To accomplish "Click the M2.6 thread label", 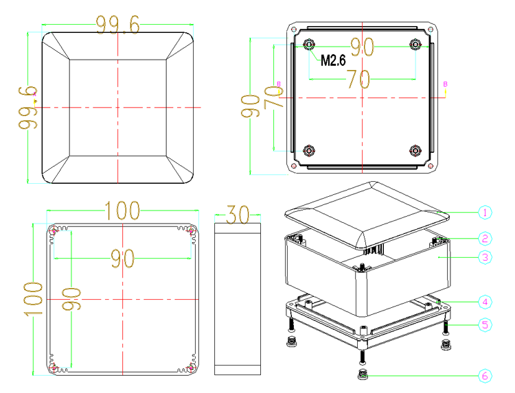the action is [333, 60].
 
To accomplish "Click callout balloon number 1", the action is [485, 213].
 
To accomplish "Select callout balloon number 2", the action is [485, 239].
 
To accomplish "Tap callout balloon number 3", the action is [485, 257].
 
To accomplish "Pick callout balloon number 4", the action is [485, 302].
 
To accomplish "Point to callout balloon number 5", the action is [485, 325].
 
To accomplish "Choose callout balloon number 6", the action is [485, 376].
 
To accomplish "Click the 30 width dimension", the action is [238, 215].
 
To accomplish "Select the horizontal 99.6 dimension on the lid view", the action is [118, 25].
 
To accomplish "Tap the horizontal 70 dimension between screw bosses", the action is [359, 79].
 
